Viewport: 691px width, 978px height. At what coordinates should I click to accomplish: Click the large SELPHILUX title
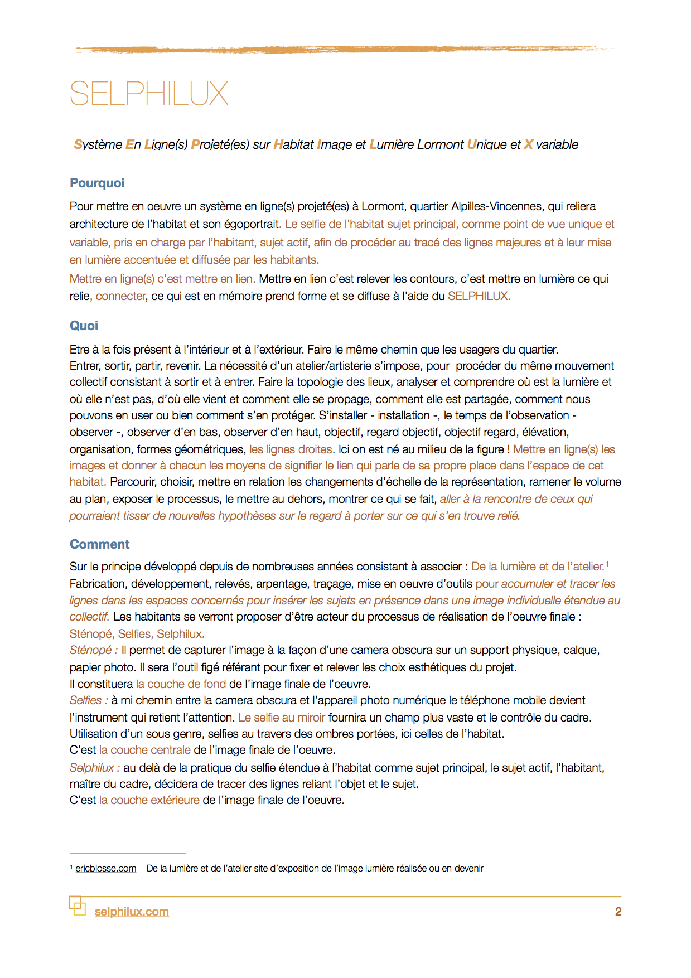click(x=149, y=94)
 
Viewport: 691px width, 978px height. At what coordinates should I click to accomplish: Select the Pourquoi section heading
click(x=97, y=183)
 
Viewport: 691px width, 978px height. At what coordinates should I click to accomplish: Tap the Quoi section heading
click(x=84, y=326)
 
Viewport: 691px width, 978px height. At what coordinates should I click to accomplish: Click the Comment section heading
click(x=99, y=544)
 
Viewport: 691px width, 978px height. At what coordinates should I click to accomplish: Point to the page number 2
click(x=618, y=912)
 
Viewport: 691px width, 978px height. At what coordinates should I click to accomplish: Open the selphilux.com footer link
click(x=132, y=912)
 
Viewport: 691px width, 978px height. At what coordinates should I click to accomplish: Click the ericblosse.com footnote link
click(x=106, y=868)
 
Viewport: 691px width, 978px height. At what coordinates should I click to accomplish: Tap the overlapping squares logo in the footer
click(x=78, y=906)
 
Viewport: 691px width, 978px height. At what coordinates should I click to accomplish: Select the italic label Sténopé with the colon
click(x=94, y=650)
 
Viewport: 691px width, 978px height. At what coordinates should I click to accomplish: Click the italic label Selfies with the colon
click(x=89, y=700)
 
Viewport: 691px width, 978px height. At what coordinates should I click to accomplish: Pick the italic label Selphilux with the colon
click(x=95, y=768)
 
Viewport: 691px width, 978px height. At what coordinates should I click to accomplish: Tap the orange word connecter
click(x=120, y=296)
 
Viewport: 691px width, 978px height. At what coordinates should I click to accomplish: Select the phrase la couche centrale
click(x=145, y=750)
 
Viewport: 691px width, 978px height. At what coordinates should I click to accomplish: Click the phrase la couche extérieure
click(x=149, y=800)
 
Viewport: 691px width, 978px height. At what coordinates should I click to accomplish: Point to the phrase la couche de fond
click(x=181, y=684)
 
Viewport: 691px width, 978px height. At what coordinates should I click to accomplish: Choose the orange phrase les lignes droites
click(x=291, y=449)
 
